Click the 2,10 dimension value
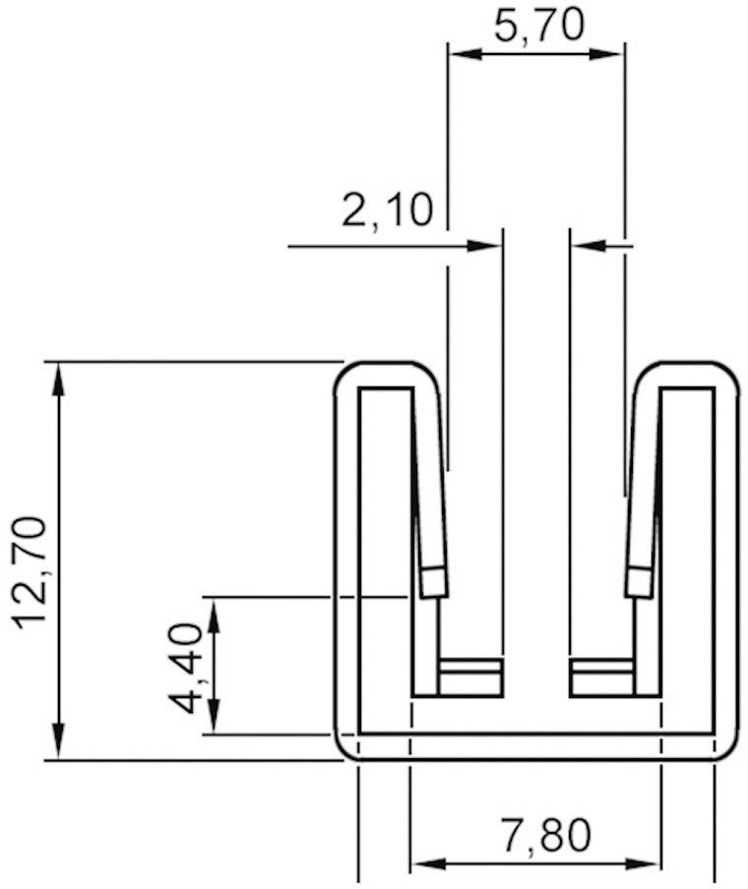(387, 210)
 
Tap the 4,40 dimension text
(186, 667)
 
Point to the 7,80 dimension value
(546, 836)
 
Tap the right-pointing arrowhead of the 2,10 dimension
(486, 246)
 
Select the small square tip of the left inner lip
(434, 583)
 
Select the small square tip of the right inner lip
(639, 583)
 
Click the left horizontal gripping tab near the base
(470, 678)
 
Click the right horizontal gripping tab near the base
(601, 678)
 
